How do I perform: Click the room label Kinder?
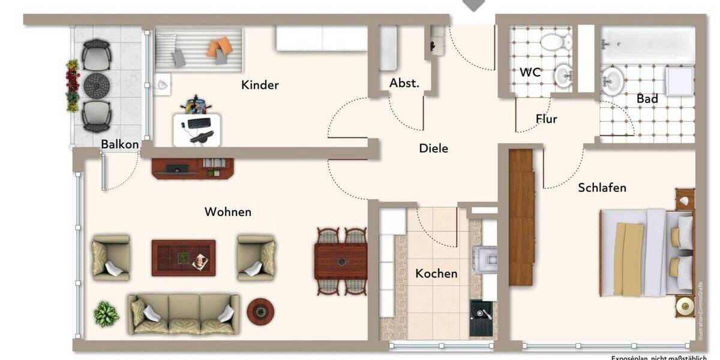(260, 85)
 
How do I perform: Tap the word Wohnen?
(228, 212)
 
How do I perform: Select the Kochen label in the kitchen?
(436, 274)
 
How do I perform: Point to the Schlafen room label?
(602, 188)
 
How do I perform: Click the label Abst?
(404, 83)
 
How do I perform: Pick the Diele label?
(433, 148)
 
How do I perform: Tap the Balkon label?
(120, 144)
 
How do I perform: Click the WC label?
(530, 73)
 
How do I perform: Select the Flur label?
(546, 119)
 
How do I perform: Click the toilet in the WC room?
(556, 41)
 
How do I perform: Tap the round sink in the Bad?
(613, 77)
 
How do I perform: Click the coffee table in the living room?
(183, 258)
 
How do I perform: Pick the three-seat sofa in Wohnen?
(183, 314)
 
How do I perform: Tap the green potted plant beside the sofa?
(106, 314)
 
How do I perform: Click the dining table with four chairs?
(341, 261)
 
